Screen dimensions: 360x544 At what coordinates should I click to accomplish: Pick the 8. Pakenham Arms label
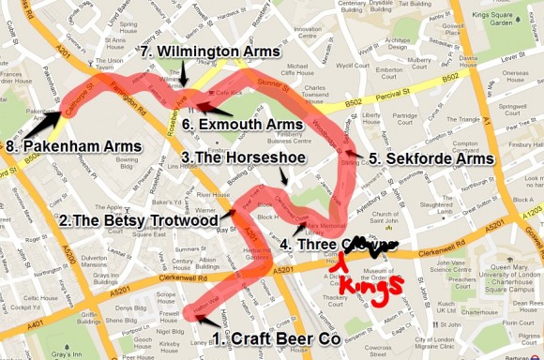[73, 146]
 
